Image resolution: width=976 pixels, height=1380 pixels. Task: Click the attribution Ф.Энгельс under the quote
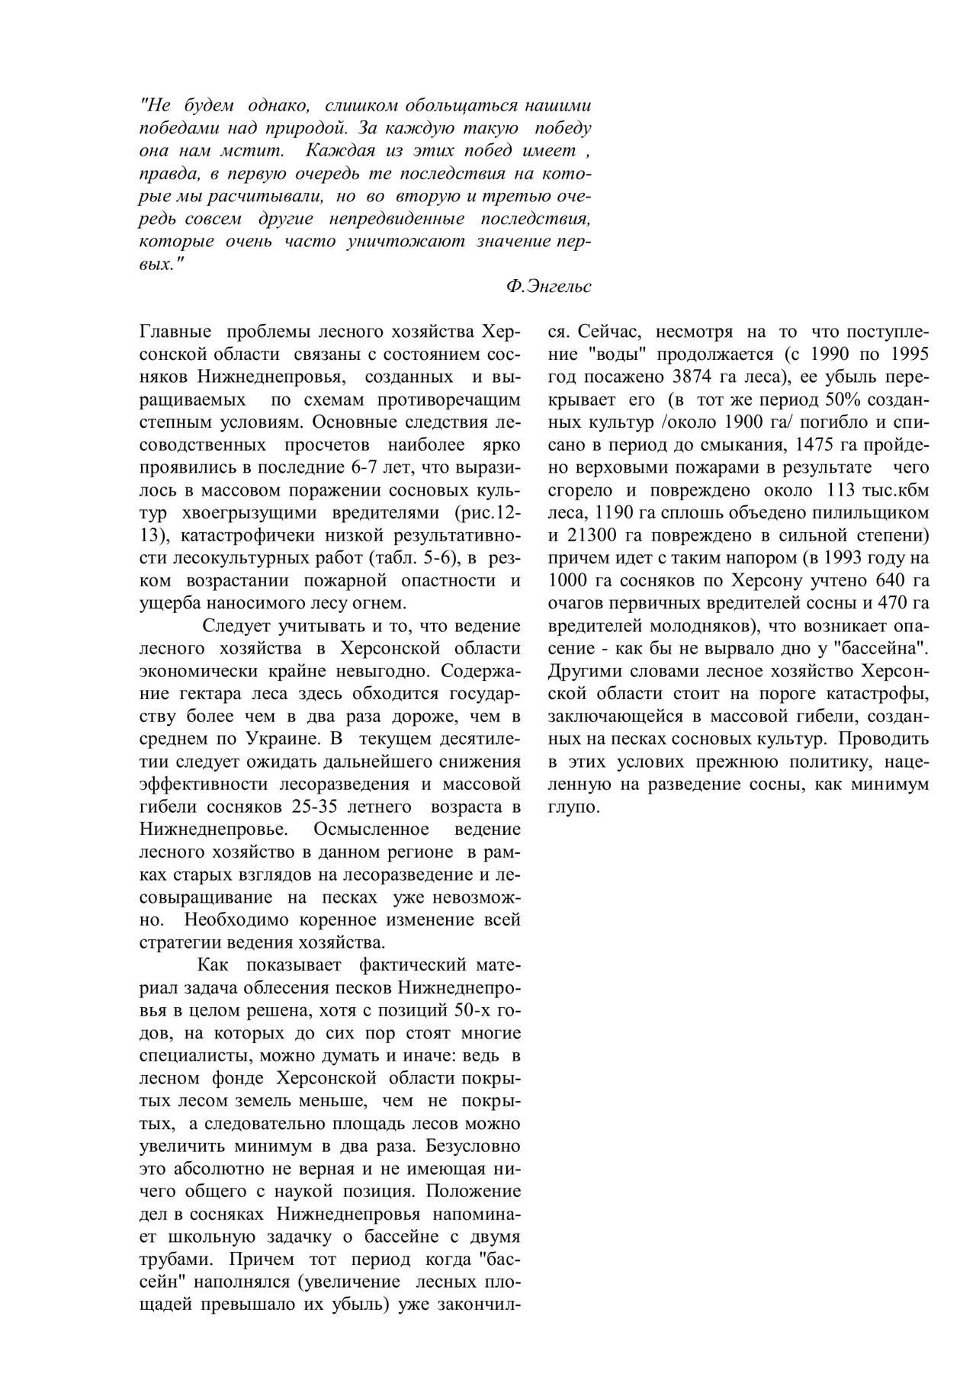547,287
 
